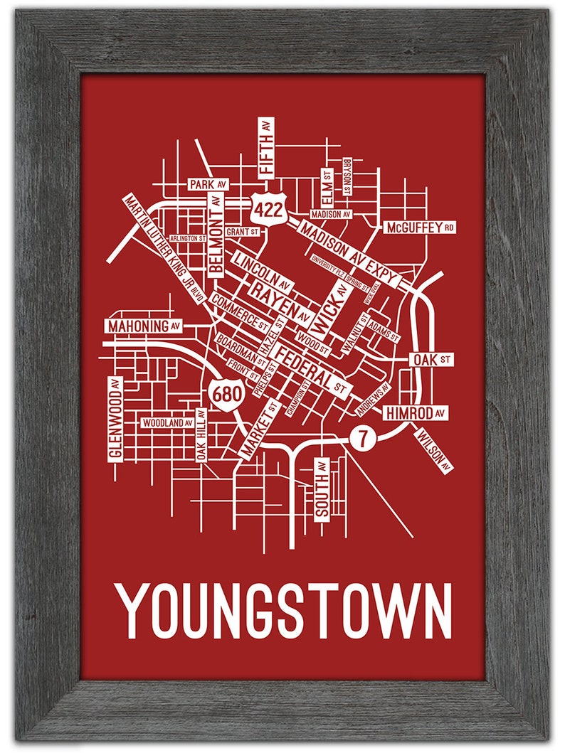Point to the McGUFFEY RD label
coord(420,228)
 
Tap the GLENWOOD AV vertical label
coord(115,419)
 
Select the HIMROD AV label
coord(416,412)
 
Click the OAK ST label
coord(431,360)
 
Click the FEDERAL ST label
coord(314,370)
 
